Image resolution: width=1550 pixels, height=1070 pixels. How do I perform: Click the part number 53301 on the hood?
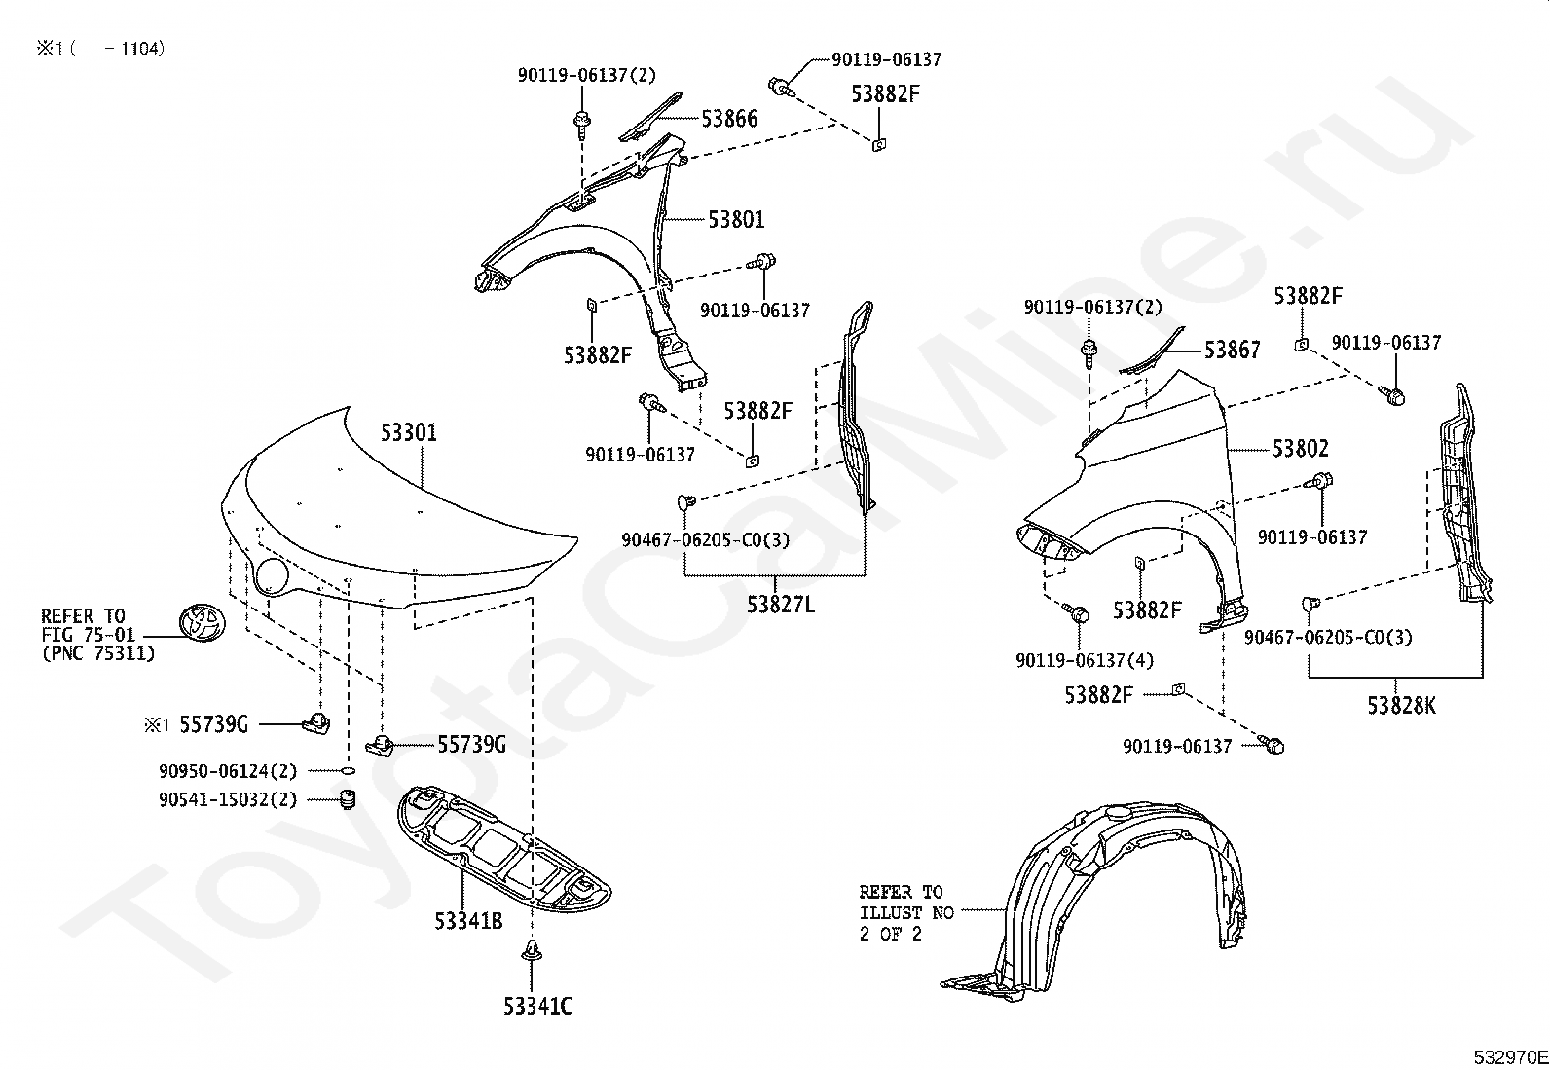[409, 433]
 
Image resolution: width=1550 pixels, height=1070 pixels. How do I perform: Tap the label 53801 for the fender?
[736, 220]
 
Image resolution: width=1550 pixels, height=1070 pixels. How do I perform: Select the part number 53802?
[1300, 449]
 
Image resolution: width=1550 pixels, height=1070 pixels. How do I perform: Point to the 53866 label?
[729, 119]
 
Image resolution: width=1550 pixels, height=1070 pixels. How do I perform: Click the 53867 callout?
[1232, 351]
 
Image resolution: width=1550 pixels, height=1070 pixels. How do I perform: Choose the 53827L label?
[781, 605]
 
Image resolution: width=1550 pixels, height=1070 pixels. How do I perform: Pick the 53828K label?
[1401, 706]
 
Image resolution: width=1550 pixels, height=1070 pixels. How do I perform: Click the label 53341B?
[468, 920]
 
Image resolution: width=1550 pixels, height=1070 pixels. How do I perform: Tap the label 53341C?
[537, 1007]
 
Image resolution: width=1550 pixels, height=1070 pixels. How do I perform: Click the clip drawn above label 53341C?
[532, 951]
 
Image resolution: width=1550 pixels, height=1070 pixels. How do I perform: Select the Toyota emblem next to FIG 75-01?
[201, 624]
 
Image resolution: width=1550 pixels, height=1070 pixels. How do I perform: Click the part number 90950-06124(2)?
[228, 771]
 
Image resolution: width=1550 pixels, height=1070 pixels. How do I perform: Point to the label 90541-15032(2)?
[228, 800]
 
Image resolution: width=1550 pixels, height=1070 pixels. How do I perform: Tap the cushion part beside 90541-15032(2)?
[345, 800]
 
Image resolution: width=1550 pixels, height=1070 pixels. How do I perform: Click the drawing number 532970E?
[1509, 1057]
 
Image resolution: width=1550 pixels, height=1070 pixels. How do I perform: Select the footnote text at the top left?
[100, 49]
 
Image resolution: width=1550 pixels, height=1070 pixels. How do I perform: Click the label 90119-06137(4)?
[1084, 661]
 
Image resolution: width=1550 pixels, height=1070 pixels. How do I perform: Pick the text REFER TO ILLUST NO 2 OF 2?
[902, 912]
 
